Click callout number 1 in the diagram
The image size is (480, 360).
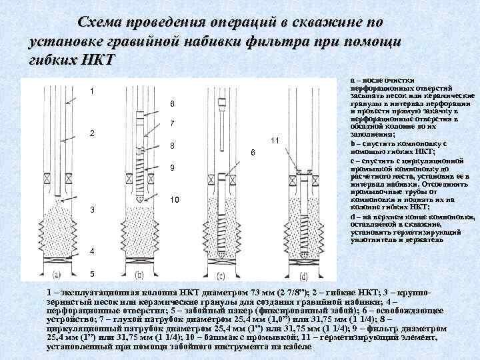[x=91, y=91]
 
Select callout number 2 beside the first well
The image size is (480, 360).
[x=91, y=133]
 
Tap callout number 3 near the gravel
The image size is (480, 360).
[x=91, y=211]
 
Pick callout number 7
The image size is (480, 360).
[x=172, y=124]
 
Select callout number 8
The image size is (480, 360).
[x=172, y=146]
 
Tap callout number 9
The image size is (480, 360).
[x=172, y=168]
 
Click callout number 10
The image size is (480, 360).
[x=173, y=200]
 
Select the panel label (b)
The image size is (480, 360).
[x=141, y=273]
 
